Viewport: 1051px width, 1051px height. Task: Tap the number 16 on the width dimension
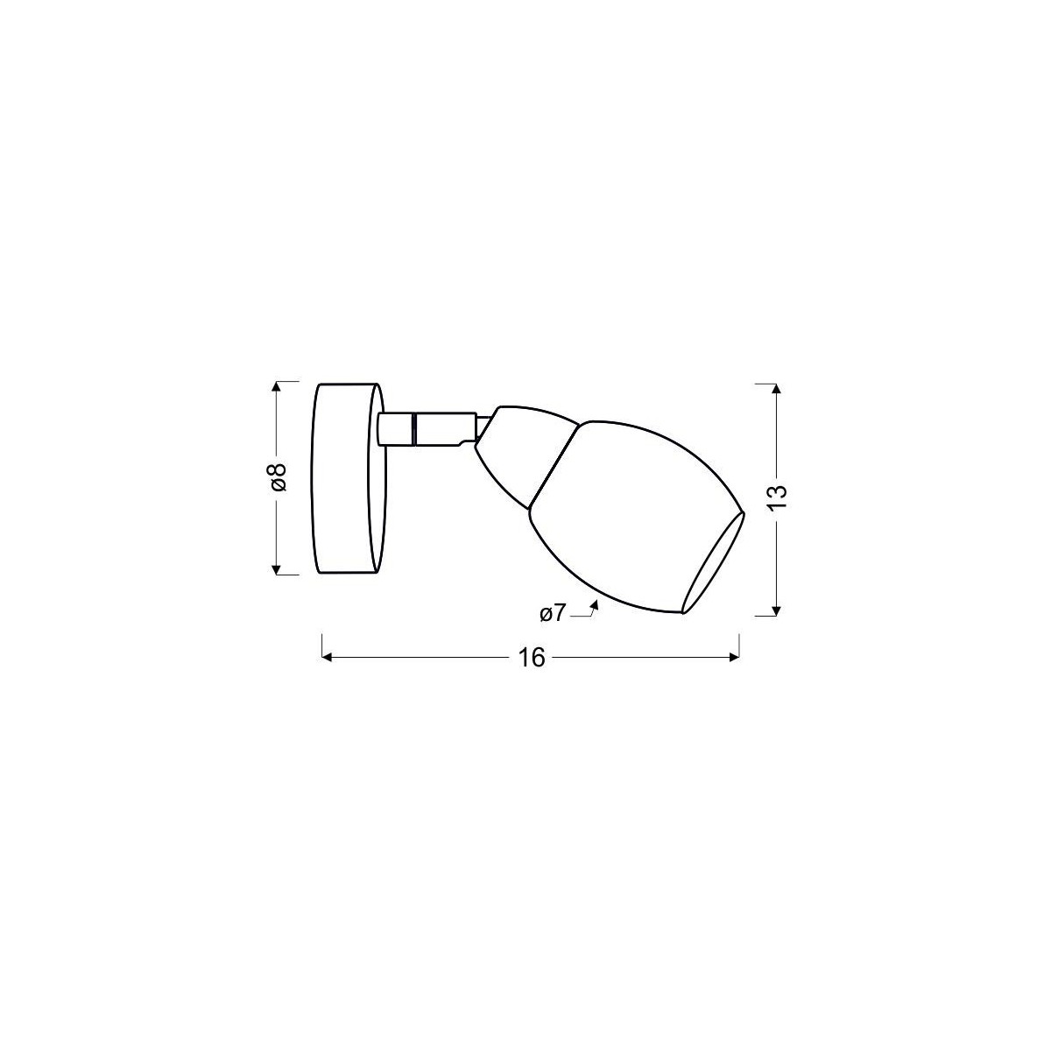[531, 658]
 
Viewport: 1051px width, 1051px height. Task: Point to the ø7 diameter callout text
[553, 614]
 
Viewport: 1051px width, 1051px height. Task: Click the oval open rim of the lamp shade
[714, 562]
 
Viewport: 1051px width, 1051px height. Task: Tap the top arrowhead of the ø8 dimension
[277, 386]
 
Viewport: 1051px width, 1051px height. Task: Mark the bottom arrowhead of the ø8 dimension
[277, 570]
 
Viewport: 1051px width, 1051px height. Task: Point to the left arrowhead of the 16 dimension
[328, 658]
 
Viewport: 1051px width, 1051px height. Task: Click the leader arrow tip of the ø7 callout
[595, 602]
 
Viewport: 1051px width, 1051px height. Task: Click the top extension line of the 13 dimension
[765, 383]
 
